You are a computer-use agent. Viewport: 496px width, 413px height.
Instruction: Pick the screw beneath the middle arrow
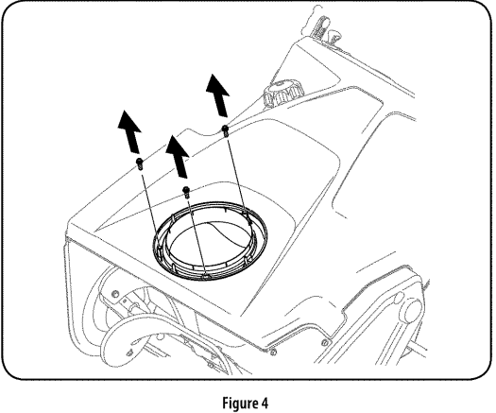pyautogui.click(x=187, y=191)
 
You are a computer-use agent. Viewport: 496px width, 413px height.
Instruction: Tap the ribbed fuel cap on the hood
pyautogui.click(x=282, y=96)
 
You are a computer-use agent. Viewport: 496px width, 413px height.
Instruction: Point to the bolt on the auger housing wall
pyautogui.click(x=113, y=296)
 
